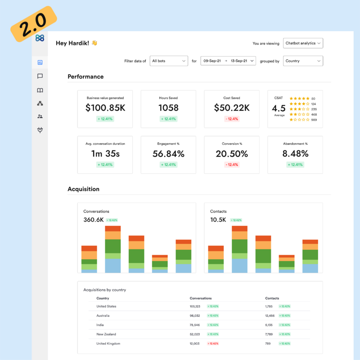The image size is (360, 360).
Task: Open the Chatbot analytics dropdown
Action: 303,43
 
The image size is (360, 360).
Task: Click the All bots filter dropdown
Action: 168,61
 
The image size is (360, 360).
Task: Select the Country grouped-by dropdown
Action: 303,61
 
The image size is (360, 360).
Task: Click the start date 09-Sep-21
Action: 211,61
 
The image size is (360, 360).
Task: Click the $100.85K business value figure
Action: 105,108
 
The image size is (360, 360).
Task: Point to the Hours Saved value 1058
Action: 168,108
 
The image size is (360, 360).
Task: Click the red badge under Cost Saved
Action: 232,119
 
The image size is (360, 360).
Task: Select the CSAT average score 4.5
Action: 279,108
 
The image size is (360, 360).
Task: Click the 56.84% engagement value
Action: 168,154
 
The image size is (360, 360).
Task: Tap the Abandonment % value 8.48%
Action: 295,154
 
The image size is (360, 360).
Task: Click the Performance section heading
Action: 85,76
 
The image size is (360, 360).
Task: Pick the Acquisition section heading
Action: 83,189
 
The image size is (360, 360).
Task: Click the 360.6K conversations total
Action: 93,220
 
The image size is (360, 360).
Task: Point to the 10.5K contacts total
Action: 218,220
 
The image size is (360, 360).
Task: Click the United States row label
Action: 106,306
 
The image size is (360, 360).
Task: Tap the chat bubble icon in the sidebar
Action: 40,76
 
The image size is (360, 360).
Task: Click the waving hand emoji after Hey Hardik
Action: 94,43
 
